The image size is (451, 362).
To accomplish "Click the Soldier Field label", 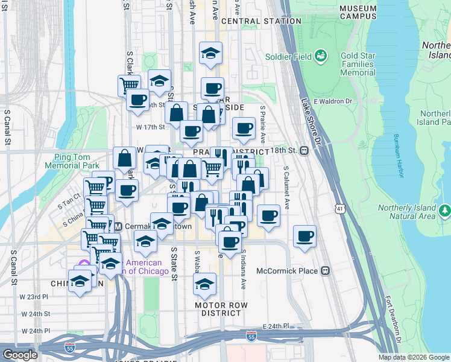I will [288, 57].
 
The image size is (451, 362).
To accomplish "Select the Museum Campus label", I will [358, 12].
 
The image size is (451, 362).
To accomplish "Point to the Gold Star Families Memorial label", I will [358, 64].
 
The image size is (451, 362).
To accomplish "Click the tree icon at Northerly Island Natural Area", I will [445, 211].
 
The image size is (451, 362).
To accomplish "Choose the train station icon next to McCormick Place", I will [326, 270].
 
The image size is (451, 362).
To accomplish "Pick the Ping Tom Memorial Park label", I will [72, 161].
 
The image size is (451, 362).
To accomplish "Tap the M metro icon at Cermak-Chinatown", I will [118, 226].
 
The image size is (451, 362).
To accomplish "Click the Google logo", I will [20, 355].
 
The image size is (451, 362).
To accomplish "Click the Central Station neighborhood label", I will [261, 21].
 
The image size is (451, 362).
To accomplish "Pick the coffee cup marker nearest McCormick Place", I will [305, 235].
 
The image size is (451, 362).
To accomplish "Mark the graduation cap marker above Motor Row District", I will [205, 283].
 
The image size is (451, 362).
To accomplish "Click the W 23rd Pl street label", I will [33, 297].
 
